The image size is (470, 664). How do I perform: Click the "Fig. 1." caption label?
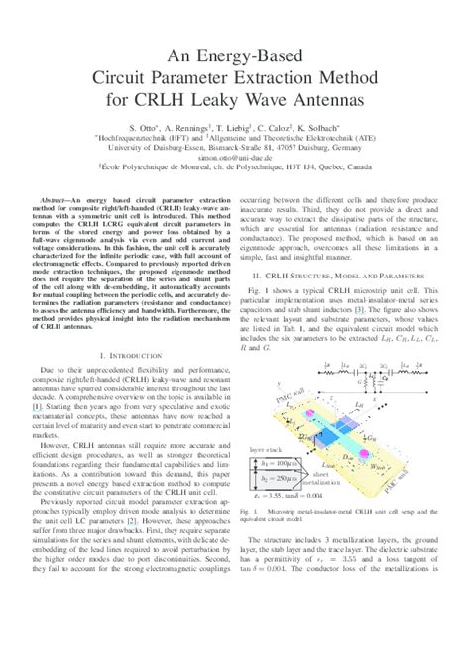click(x=255, y=511)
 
